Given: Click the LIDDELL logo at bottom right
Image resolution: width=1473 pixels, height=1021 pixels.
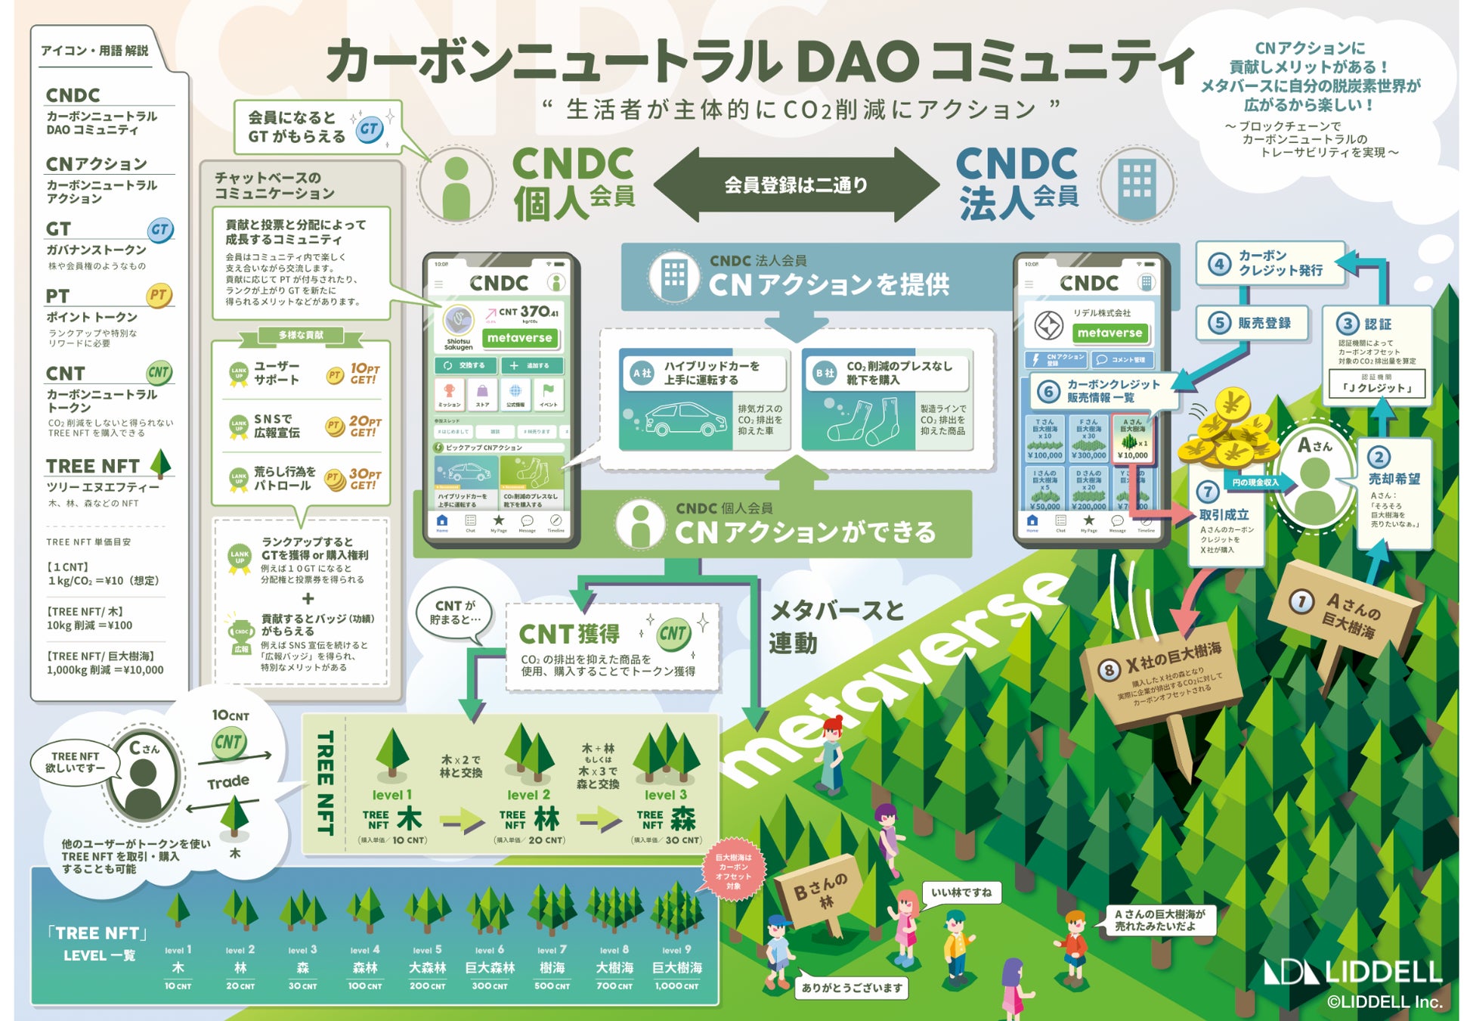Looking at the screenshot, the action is (x=1353, y=972).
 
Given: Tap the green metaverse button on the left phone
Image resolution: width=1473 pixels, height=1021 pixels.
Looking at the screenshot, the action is (x=520, y=338).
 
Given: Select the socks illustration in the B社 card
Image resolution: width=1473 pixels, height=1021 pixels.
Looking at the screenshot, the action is (x=862, y=422).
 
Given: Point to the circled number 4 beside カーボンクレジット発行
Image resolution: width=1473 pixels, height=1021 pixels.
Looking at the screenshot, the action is (x=1218, y=264).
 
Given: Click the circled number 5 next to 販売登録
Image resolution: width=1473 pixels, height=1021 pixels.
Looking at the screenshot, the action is (x=1218, y=323).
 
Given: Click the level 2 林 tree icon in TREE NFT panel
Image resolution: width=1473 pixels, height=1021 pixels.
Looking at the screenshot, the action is (x=529, y=752).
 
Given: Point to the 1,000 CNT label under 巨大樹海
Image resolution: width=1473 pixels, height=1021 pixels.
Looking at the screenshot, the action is (x=676, y=986).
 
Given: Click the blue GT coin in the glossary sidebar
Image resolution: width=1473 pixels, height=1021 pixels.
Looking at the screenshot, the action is (x=159, y=230).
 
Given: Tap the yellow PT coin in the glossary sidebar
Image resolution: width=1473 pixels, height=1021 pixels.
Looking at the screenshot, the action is (x=158, y=296).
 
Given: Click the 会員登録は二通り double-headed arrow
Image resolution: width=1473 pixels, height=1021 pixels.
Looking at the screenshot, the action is (x=796, y=185).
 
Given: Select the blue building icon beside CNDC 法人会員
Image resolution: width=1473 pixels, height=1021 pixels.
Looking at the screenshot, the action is (x=1137, y=184).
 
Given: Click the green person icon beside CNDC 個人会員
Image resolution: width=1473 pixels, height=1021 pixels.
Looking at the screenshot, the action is (x=456, y=185).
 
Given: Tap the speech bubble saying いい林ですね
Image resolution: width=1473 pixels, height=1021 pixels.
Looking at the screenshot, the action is (x=961, y=893).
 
